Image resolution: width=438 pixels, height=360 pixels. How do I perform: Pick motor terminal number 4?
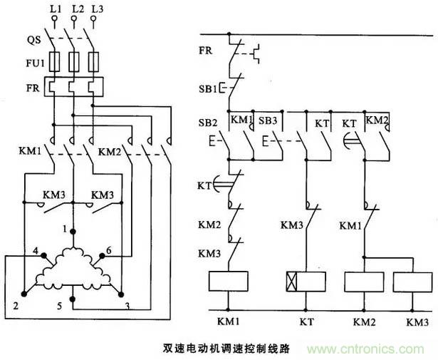[x=33, y=251]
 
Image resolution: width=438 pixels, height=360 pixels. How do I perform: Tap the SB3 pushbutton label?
[x=268, y=120]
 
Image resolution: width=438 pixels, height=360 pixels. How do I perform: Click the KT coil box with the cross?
[x=305, y=280]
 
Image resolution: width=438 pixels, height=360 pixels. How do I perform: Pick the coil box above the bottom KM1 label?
[x=228, y=280]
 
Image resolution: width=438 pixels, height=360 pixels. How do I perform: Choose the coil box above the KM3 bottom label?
[x=411, y=280]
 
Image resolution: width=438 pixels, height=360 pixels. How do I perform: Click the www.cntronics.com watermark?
[x=370, y=351]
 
